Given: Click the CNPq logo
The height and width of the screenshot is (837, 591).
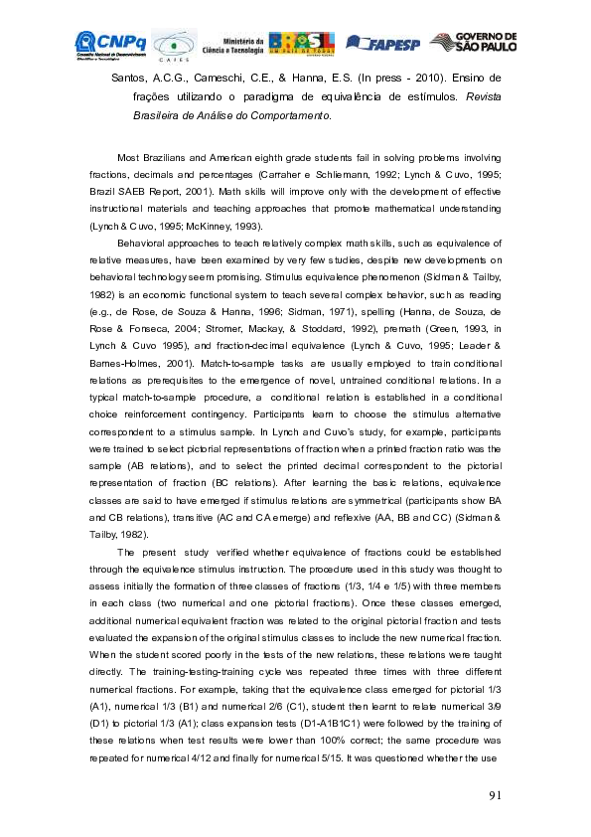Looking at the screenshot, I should pos(111,44).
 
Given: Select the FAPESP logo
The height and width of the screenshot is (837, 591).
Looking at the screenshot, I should pos(382,44).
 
